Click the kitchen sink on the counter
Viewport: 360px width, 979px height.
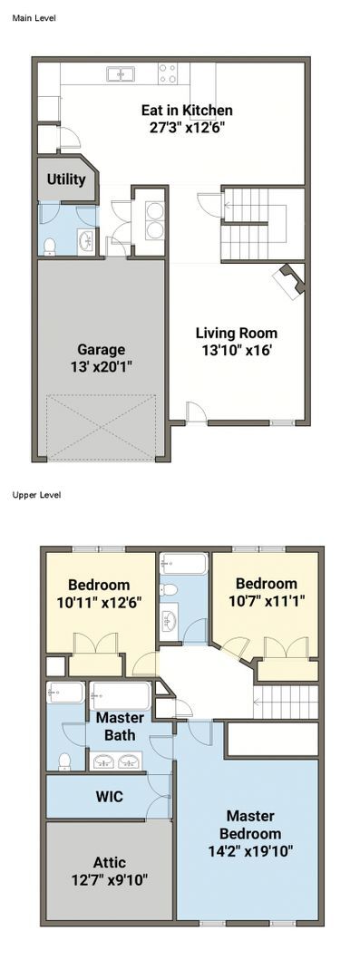[x=121, y=74]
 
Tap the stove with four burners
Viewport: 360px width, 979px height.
[x=168, y=73]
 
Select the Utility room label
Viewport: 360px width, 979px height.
[x=66, y=179]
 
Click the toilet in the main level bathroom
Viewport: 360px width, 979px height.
[x=50, y=244]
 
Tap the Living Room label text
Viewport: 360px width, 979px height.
[x=237, y=333]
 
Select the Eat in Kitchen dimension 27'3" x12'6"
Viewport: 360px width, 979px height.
[x=187, y=127]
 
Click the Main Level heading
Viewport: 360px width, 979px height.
[x=34, y=17]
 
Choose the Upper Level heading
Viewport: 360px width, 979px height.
[x=35, y=495]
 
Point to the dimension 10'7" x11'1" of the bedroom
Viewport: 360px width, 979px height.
[x=266, y=600]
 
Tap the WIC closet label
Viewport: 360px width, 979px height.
[x=109, y=797]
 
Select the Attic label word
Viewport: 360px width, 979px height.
[x=109, y=862]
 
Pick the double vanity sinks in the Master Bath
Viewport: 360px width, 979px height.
[x=117, y=761]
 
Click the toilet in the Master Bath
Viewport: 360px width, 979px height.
[x=64, y=762]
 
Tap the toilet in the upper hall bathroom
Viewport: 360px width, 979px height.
[x=169, y=590]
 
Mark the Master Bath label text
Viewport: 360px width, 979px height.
[x=121, y=726]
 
